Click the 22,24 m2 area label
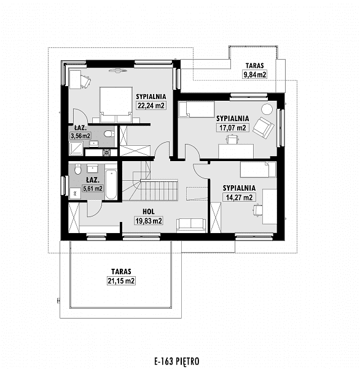pos(151,105)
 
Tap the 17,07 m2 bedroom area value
pos(233,127)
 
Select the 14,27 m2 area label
pos(239,197)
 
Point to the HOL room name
pos(149,212)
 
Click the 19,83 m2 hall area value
pos(149,221)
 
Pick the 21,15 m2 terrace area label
pos(121,281)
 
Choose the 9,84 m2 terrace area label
pos(255,74)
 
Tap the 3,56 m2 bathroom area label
pos(80,136)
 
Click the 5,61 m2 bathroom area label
pos(93,188)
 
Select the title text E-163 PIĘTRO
pos(177,361)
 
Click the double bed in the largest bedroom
pos(116,105)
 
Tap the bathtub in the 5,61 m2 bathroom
pos(111,184)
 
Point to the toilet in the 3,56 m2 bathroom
pos(109,134)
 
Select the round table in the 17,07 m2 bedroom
pos(267,109)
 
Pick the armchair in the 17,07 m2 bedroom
pos(264,128)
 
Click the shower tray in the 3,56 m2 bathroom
pos(76,148)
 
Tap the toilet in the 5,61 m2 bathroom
pos(78,169)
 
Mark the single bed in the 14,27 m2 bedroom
pos(258,169)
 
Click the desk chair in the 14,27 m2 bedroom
pos(258,210)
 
